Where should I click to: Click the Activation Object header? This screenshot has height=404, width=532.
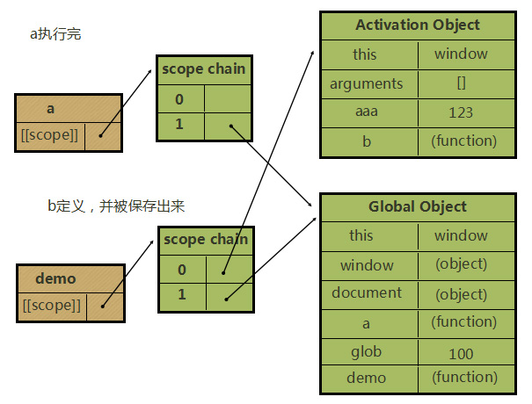[x=417, y=25]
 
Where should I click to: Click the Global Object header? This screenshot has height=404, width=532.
[x=417, y=207]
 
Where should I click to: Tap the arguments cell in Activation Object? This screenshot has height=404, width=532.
[x=366, y=84]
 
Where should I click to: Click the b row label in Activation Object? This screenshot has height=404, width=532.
[x=366, y=141]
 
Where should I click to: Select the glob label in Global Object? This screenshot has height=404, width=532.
[x=366, y=351]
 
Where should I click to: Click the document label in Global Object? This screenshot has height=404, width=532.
[x=366, y=292]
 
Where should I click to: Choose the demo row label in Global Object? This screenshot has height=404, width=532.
[x=366, y=378]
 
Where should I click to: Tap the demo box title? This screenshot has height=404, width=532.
[x=55, y=278]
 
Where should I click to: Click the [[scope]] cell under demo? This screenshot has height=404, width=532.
[x=50, y=306]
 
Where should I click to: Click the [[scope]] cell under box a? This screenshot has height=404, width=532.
[x=49, y=135]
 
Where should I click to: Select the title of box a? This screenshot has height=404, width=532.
[x=50, y=108]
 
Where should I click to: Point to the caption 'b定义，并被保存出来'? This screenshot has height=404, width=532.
[x=115, y=206]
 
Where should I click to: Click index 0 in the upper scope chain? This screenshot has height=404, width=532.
[x=179, y=98]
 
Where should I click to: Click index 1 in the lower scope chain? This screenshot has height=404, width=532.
[x=181, y=294]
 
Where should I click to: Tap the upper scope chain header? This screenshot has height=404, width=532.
[x=203, y=69]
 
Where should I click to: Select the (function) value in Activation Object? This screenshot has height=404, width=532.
[x=463, y=141]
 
